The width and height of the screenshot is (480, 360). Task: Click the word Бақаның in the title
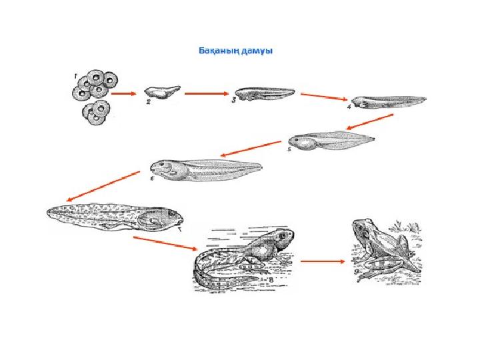pos(218,51)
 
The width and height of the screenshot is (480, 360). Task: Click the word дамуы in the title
pos(257,51)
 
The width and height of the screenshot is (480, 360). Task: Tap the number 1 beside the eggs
pos(75,75)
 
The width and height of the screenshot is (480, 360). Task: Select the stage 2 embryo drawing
pos(162,92)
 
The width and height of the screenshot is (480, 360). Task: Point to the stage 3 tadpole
pos(265,93)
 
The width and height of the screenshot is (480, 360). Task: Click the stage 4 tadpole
pos(389,102)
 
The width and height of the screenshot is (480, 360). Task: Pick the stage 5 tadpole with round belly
pos(331,141)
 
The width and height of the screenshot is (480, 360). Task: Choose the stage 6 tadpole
pos(206,170)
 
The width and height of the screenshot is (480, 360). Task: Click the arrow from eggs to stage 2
pos(123,94)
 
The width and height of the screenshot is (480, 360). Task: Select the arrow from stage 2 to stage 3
pos(207,94)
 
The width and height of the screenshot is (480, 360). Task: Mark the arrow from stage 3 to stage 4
pos(324,97)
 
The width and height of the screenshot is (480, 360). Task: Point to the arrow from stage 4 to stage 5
pos(370,122)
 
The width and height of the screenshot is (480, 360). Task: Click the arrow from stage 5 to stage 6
pos(251,149)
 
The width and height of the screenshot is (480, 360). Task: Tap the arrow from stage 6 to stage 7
pos(103,186)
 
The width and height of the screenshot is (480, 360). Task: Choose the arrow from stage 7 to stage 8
pos(165,243)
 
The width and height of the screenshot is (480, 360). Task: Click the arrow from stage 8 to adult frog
pos(323,261)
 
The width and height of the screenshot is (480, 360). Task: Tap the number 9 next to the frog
pos(357,272)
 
